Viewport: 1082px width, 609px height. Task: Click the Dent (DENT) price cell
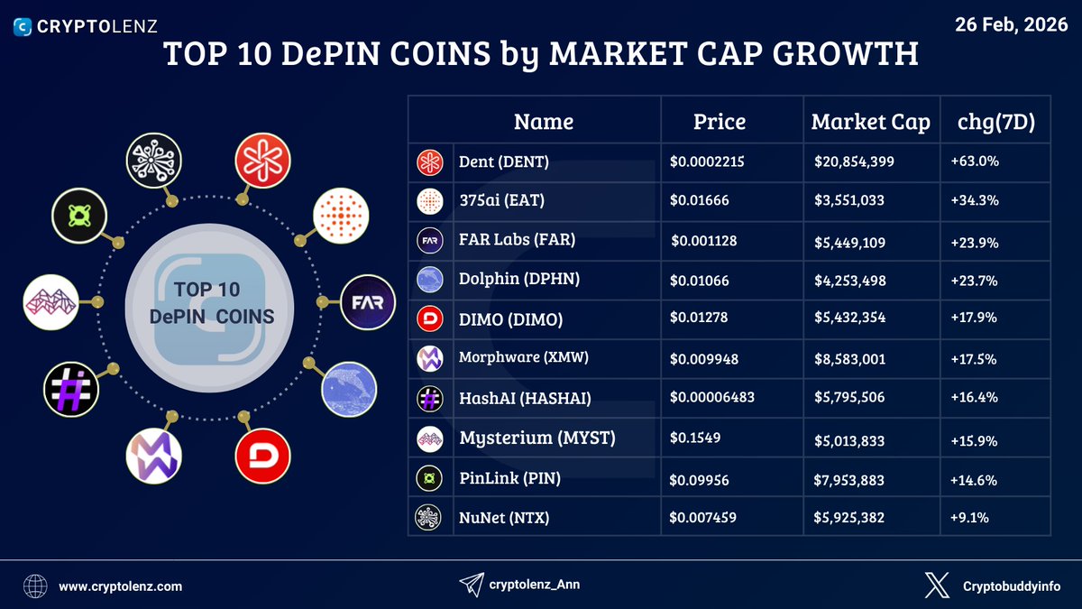708,161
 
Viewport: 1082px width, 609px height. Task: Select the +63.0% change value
974,161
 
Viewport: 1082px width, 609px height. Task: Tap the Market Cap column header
870,122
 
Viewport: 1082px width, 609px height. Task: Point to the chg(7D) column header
996,122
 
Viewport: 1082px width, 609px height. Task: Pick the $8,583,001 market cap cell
849,359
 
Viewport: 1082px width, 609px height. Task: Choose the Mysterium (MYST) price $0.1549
695,438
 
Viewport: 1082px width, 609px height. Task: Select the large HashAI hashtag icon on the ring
70,390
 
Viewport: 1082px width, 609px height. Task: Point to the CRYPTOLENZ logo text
99,27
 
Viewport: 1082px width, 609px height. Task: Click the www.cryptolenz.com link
121,586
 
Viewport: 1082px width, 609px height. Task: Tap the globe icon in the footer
36,586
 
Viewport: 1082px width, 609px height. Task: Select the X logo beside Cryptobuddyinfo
937,586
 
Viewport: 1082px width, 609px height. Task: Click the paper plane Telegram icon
471,585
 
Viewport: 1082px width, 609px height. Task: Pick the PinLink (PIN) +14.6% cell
973,481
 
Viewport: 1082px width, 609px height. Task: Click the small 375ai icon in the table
428,201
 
